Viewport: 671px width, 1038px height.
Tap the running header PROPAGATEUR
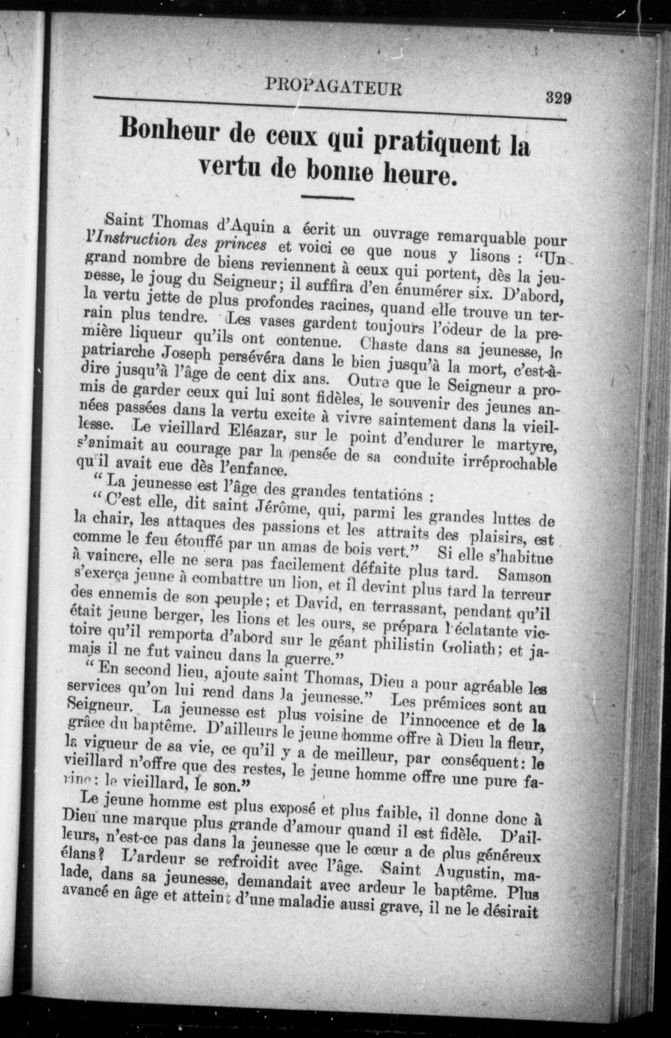tap(333, 87)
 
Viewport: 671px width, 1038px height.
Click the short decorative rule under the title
tap(327, 199)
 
